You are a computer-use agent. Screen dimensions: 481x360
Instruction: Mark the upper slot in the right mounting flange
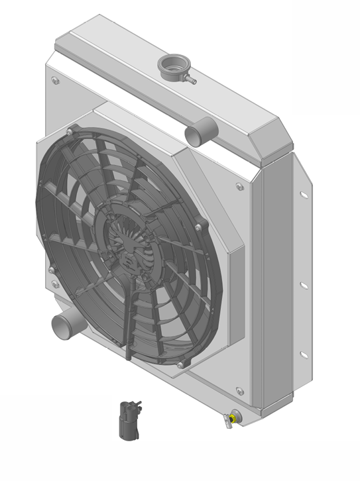pyautogui.click(x=303, y=195)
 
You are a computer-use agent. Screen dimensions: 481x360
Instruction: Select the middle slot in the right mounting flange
pyautogui.click(x=303, y=285)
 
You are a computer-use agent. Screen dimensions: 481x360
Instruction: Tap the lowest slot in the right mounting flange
pyautogui.click(x=304, y=354)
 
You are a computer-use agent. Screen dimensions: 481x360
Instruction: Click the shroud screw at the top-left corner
pyautogui.click(x=54, y=81)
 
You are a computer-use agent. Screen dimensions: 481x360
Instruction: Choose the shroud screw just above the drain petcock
pyautogui.click(x=240, y=391)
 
